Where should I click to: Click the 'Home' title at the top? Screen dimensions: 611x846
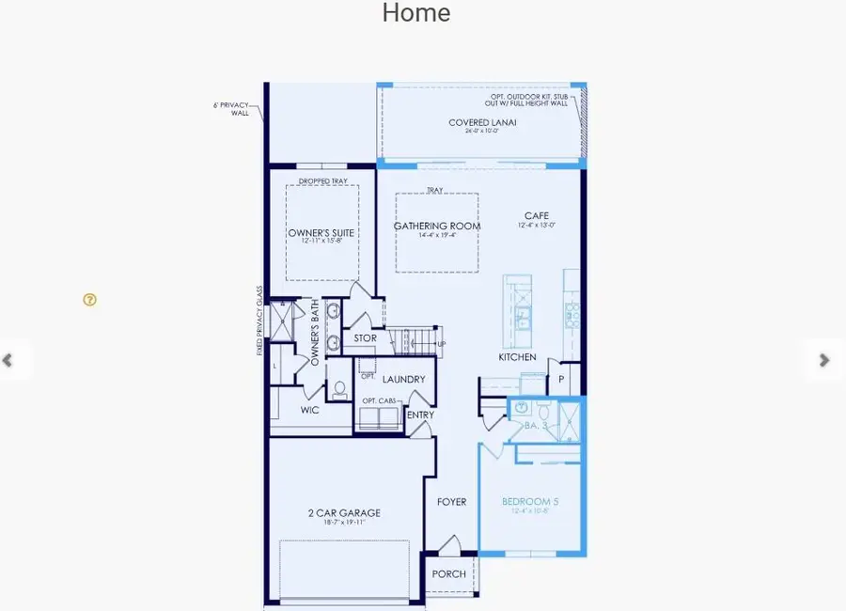[415, 13]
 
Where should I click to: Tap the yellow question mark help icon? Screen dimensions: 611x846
[89, 300]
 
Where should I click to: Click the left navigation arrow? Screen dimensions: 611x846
[8, 360]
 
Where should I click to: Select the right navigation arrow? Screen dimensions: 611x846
[823, 360]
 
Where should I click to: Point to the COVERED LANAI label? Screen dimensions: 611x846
[482, 122]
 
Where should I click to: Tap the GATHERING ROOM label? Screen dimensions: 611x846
[437, 226]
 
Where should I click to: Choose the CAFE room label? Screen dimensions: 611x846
[537, 216]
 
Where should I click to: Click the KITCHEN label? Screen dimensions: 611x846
[517, 357]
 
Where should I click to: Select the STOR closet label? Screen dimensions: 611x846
[366, 338]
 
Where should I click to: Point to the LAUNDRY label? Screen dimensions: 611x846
[404, 380]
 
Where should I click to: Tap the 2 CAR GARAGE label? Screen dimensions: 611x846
[344, 513]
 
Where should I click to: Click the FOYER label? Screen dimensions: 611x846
[451, 502]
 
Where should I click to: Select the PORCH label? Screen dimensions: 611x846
[448, 574]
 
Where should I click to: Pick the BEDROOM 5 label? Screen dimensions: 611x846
[530, 502]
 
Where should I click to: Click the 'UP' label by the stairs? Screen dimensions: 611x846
[441, 344]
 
